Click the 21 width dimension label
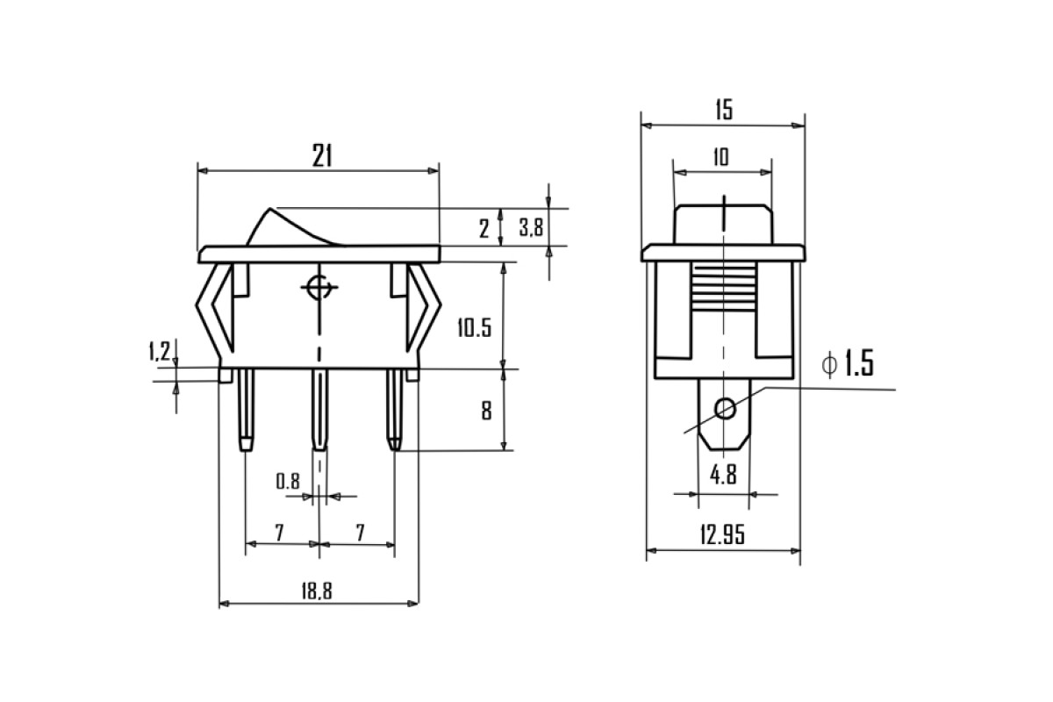(322, 155)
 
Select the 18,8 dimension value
(317, 591)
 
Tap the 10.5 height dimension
(475, 327)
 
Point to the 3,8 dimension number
(531, 227)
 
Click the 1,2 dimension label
(160, 351)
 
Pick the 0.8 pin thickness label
(287, 481)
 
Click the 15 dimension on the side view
(724, 110)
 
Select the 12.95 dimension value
(722, 535)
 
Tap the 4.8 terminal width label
(723, 475)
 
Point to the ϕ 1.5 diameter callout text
(848, 363)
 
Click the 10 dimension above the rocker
(721, 157)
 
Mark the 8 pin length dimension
(486, 411)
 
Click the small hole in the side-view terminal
(725, 408)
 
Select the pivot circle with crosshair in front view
(319, 287)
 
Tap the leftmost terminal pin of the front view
(247, 410)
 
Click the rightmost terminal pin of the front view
(394, 410)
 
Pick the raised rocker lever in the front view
(294, 226)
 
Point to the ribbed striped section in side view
(724, 288)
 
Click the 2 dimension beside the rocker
(484, 229)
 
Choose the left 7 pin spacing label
(279, 533)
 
